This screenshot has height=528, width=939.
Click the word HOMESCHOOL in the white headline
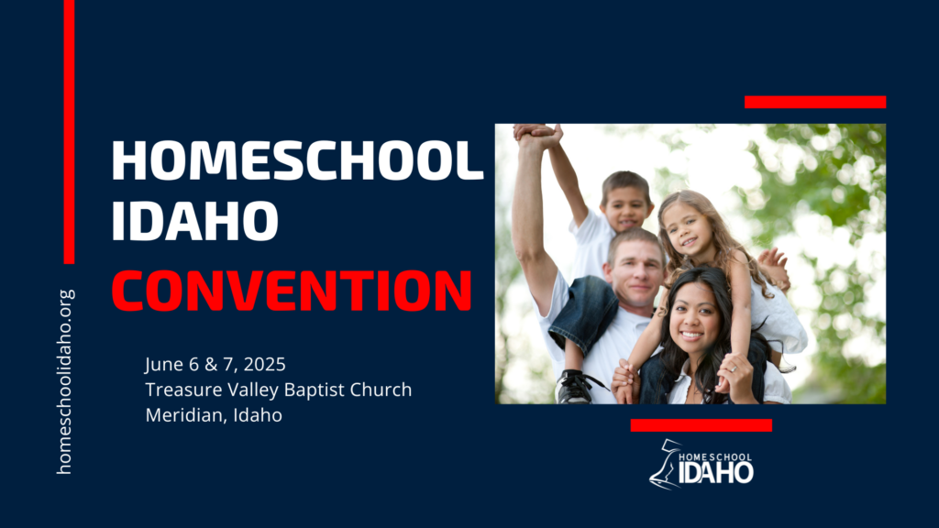[x=297, y=160]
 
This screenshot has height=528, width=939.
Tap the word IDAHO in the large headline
[x=194, y=221]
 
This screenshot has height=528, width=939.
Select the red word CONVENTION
[x=292, y=291]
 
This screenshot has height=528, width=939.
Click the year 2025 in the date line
[x=265, y=364]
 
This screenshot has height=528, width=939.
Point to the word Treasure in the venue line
[x=179, y=390]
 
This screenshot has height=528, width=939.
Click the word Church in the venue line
[x=381, y=390]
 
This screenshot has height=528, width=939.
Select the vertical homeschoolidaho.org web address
[x=65, y=382]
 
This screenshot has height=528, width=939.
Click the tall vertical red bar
[x=69, y=132]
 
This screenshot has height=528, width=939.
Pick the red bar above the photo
[x=815, y=102]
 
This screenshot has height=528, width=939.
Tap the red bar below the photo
[x=701, y=425]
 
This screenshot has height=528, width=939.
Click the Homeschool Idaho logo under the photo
[x=701, y=465]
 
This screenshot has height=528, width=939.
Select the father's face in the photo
[x=636, y=272]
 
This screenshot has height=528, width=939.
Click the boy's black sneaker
[x=575, y=388]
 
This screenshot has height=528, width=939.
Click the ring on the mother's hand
[x=733, y=369]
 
